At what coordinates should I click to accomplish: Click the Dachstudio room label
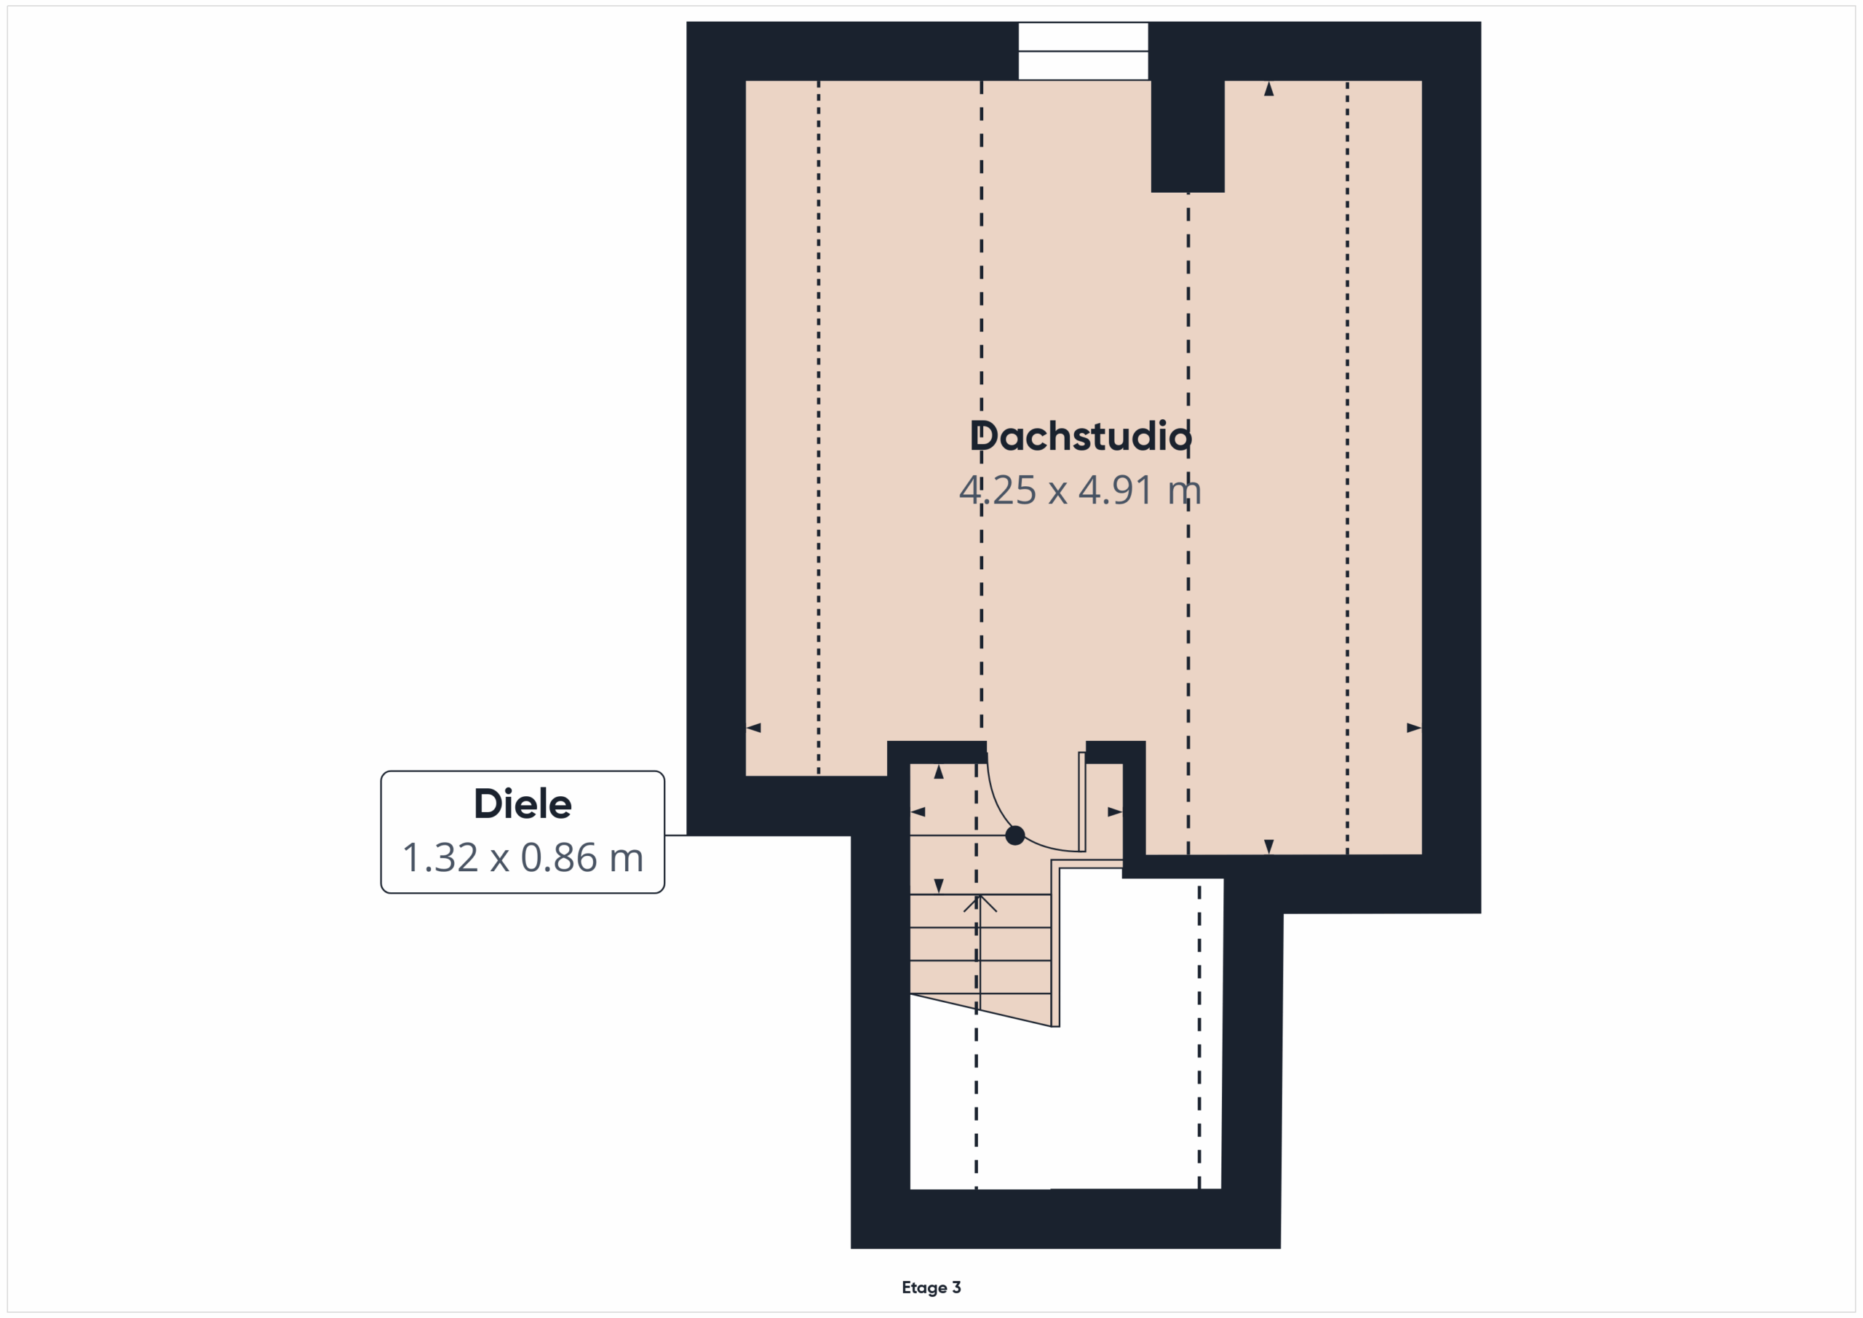(1081, 437)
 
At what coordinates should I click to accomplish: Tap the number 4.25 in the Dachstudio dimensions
(997, 491)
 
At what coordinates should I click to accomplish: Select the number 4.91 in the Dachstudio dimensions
(1116, 491)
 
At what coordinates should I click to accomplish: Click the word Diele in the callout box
(523, 804)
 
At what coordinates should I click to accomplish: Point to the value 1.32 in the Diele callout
(440, 858)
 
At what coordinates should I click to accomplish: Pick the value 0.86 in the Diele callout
(559, 858)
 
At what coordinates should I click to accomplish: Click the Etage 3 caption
(931, 1287)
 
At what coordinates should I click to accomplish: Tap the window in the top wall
(1084, 51)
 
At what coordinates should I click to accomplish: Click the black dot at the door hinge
(1015, 835)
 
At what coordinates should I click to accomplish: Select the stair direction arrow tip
(980, 895)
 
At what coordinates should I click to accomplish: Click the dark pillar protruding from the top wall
(1188, 135)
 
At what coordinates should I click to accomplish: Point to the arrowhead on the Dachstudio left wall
(753, 728)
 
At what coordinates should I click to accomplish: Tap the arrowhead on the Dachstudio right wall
(1414, 728)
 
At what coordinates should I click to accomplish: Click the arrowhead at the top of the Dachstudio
(1269, 89)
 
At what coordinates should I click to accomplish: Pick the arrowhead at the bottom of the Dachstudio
(1269, 846)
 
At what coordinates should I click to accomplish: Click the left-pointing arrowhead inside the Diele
(918, 811)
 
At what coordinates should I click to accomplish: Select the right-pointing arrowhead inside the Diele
(1115, 811)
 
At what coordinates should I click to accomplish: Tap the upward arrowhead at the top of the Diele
(939, 772)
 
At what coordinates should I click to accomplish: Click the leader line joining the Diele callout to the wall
(676, 835)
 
